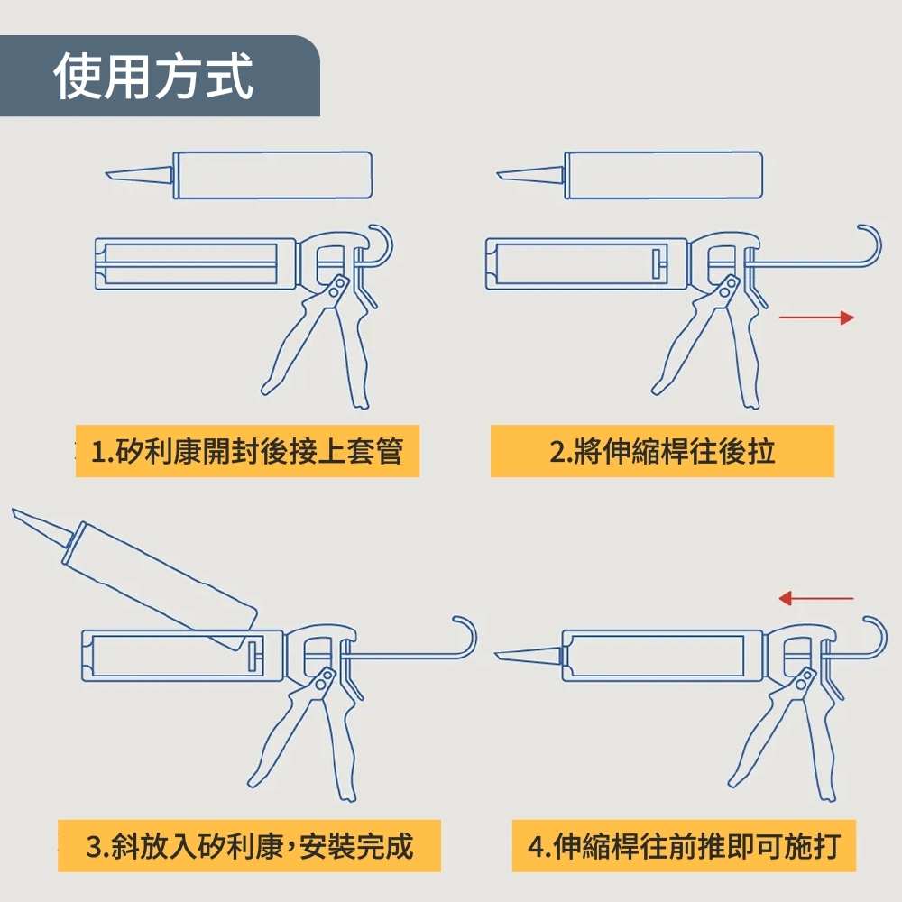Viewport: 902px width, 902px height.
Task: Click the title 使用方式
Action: coord(153,76)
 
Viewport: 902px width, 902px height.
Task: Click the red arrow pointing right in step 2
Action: coord(816,318)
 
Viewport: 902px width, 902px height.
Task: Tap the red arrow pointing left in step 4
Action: coord(815,598)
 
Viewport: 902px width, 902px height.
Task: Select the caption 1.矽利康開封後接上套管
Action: coord(247,451)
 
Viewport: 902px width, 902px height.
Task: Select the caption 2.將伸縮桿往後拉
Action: coord(663,451)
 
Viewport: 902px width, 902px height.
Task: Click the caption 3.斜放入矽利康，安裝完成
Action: coord(250,846)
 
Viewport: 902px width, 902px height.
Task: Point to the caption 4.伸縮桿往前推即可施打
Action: coord(684,846)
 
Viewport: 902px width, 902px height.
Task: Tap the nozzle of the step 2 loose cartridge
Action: coord(530,175)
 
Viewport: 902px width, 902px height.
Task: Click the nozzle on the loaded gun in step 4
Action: coord(528,655)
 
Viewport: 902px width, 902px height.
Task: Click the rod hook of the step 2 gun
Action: coord(870,246)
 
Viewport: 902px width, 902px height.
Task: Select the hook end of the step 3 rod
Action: coord(465,638)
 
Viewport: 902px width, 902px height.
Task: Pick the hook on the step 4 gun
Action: coord(877,638)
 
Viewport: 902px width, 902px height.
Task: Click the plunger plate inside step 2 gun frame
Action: coord(657,264)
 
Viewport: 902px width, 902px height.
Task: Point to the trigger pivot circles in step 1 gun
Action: coord(337,287)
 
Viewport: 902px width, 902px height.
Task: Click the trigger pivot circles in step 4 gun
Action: coord(804,679)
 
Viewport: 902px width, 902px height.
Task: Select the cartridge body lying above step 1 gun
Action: coord(272,176)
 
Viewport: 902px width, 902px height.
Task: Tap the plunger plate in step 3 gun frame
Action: coord(253,655)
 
